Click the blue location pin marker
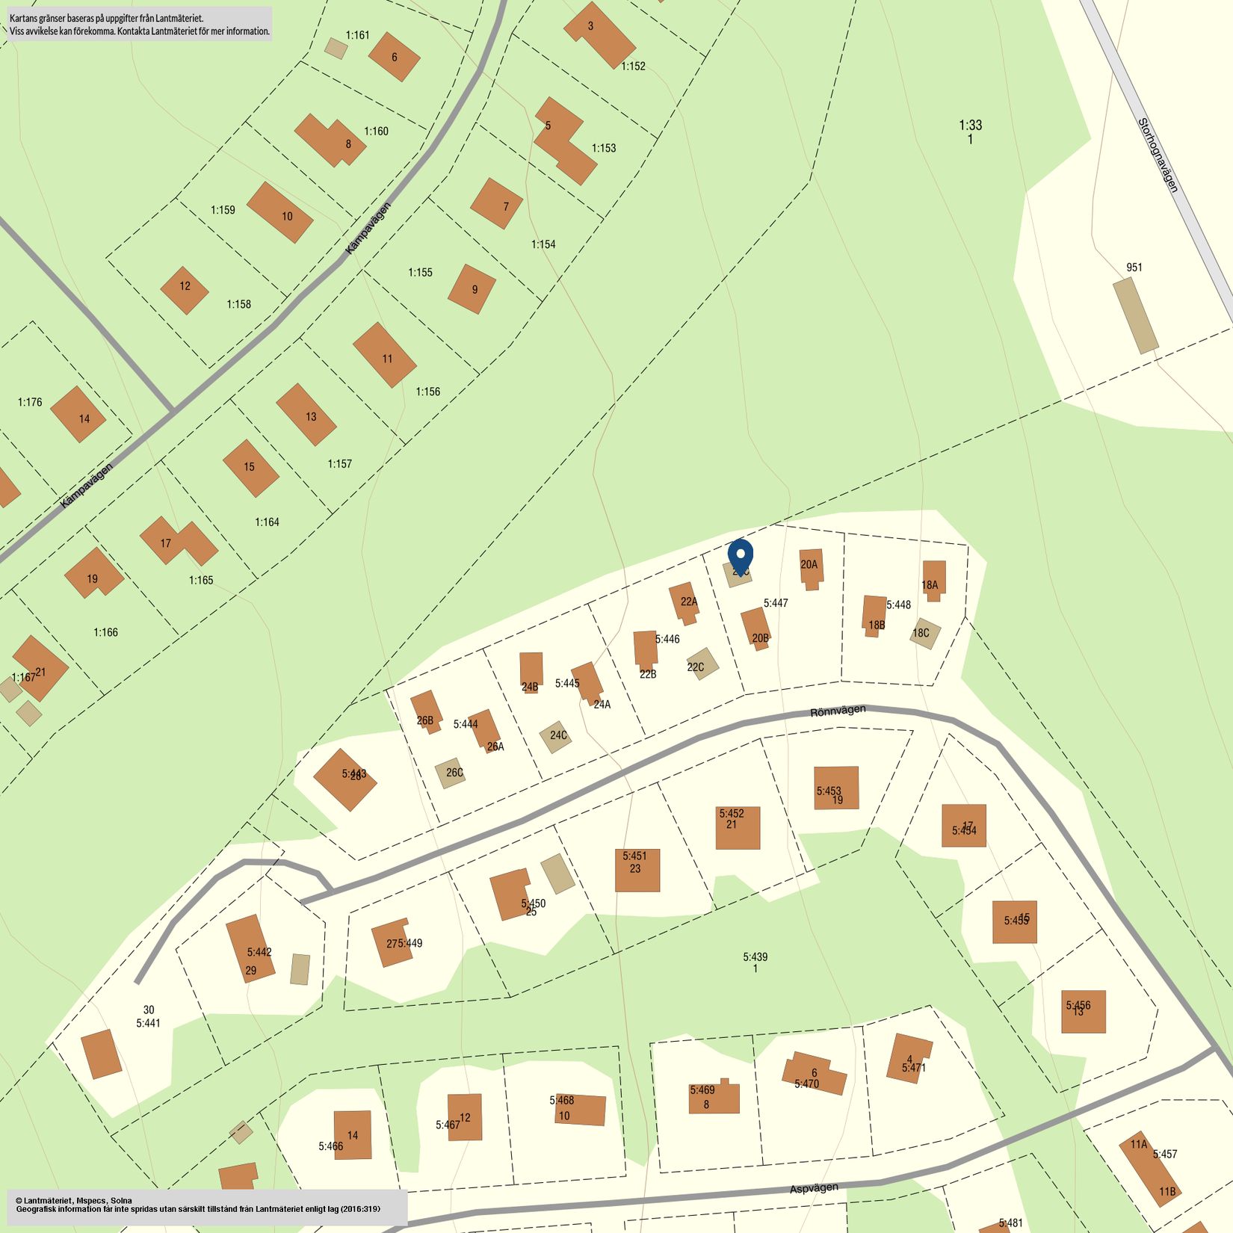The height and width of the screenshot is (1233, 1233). tap(741, 555)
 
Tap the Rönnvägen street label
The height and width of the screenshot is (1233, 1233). tap(838, 711)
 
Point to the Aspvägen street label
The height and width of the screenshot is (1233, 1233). tap(814, 1187)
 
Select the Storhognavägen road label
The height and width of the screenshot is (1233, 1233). tap(1158, 155)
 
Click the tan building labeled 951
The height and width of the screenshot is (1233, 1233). tap(1135, 315)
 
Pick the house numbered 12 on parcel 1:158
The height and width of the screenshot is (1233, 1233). tap(185, 290)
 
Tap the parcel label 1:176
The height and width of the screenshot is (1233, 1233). tap(30, 402)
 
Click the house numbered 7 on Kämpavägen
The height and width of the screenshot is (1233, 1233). tap(496, 203)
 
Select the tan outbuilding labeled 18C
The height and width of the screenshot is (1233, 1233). tap(925, 634)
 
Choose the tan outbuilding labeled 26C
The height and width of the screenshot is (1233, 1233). tap(451, 773)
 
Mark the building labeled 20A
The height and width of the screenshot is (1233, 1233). tap(810, 568)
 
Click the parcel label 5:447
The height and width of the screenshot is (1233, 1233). tap(776, 603)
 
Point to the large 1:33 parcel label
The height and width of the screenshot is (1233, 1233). tap(970, 126)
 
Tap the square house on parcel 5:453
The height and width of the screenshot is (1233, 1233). tap(836, 788)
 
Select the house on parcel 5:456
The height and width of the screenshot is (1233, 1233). tap(1083, 1012)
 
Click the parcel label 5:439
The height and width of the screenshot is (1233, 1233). tap(755, 957)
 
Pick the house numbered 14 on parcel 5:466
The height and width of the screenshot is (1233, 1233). tap(352, 1135)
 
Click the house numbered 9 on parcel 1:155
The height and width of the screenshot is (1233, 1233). tap(472, 288)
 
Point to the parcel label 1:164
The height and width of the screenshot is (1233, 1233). tap(267, 522)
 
